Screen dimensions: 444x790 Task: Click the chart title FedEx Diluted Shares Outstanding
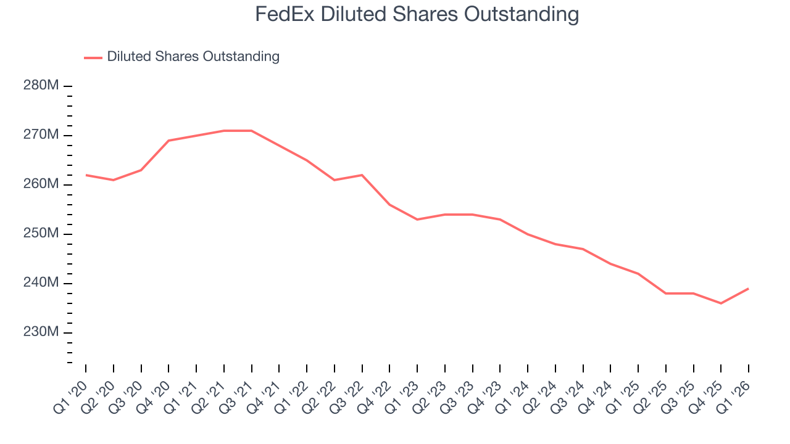coord(417,14)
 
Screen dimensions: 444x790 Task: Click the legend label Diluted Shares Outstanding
coord(193,57)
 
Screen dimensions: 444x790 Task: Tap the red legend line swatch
coord(93,57)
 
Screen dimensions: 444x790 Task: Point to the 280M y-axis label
coord(41,86)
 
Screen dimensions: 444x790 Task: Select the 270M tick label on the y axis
coord(41,135)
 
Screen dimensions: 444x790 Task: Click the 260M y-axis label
coord(41,184)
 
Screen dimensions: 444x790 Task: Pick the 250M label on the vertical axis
coord(41,234)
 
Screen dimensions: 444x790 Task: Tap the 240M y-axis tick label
coord(41,283)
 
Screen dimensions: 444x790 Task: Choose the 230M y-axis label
coord(41,332)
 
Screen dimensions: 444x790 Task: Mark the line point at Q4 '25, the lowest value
coord(721,303)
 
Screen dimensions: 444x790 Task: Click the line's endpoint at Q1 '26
coord(749,289)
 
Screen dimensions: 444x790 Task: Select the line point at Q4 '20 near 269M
coord(168,141)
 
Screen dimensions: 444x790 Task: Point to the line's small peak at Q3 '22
coord(362,175)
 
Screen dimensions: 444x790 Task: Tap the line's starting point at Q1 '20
coord(86,175)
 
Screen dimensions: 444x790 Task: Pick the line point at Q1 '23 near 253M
coord(417,220)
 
